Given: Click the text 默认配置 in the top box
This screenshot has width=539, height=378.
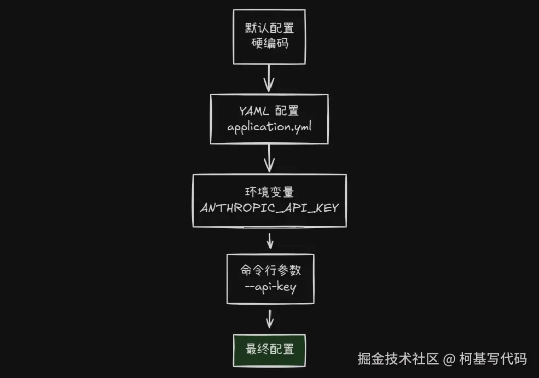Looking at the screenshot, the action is tap(269, 28).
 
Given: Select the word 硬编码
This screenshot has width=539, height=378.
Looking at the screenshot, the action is tap(269, 43).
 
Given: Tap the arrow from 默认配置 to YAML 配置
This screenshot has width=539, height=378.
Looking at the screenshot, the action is tap(269, 78).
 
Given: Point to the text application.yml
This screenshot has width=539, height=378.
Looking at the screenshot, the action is tap(269, 127).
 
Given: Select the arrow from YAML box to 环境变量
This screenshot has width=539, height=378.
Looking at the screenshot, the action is tap(269, 159).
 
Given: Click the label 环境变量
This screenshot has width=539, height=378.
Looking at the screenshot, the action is tap(269, 192).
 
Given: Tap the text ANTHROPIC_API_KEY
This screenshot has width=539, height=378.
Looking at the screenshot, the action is tap(269, 208).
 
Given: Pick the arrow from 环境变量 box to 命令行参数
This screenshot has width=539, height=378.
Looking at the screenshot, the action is tap(269, 240).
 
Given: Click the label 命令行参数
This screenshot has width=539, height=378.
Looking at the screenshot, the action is tap(270, 271).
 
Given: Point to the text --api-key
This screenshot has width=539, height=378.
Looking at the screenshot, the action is tap(270, 287).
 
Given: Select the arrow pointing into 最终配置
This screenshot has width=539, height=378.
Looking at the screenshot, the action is tap(269, 318).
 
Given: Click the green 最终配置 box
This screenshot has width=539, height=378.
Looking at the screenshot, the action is tap(269, 350).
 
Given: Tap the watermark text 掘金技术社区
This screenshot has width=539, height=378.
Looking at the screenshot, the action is tap(398, 359).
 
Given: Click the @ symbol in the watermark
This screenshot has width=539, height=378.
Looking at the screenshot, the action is tap(449, 359).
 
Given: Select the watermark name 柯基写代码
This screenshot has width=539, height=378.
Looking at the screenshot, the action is tap(492, 359).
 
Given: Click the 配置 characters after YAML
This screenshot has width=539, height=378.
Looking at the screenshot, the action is tap(287, 111).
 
